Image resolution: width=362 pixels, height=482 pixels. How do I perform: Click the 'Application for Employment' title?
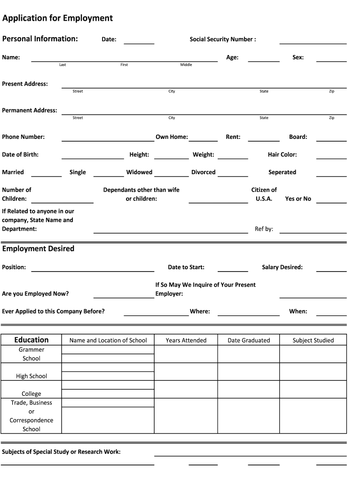57,18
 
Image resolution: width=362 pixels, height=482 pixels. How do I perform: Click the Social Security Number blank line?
313,43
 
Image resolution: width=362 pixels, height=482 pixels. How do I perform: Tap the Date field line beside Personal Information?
139,43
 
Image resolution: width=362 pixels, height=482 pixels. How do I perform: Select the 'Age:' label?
232,57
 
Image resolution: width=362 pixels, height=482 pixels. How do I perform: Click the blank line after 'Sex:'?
331,61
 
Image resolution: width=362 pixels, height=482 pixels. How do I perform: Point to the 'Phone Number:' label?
24,137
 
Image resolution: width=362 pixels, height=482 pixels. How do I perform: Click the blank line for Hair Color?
331,158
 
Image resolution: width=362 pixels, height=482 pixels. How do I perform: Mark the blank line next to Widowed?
171,176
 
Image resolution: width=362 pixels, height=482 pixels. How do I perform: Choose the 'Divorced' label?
203,172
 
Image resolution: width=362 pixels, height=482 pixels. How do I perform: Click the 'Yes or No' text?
298,199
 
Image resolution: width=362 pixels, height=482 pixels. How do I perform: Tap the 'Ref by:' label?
264,229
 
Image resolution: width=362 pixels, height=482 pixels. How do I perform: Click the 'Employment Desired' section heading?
38,249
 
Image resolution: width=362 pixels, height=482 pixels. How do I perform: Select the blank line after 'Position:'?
93,271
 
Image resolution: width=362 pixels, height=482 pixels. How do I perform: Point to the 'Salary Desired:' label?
282,267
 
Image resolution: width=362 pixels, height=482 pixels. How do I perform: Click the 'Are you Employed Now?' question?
35,294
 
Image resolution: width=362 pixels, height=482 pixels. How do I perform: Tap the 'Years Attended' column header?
186,340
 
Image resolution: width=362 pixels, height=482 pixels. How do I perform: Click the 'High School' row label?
31,376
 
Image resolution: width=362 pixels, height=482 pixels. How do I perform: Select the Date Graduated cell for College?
248,389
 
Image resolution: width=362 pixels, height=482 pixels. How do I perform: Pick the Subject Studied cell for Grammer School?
313,354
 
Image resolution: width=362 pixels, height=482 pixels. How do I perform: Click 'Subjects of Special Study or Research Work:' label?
61,452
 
